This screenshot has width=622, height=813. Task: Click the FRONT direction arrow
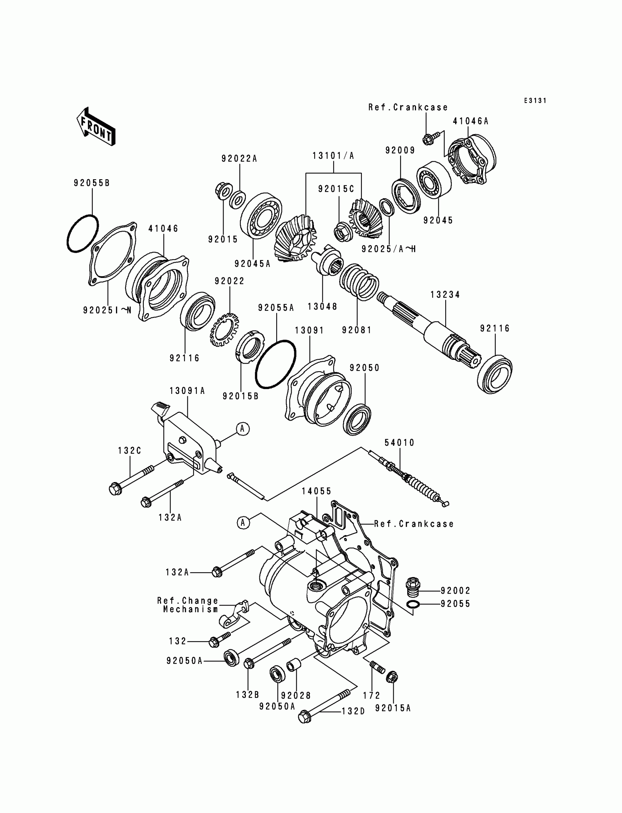pyautogui.click(x=96, y=127)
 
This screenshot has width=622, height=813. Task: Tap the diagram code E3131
pyautogui.click(x=535, y=101)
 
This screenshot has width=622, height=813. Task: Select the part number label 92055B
pyautogui.click(x=92, y=183)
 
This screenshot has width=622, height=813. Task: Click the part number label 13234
pyautogui.click(x=445, y=294)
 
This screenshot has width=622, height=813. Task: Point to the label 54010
pyautogui.click(x=400, y=443)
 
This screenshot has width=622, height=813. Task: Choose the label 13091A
pyautogui.click(x=187, y=391)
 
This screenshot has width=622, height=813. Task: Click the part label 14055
pyautogui.click(x=316, y=491)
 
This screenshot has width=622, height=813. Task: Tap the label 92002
pyautogui.click(x=456, y=591)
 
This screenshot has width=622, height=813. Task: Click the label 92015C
pyautogui.click(x=336, y=189)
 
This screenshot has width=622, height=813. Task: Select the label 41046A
pyautogui.click(x=471, y=121)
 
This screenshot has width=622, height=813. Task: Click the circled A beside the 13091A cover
pyautogui.click(x=243, y=429)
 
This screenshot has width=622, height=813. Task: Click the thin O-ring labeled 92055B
pyautogui.click(x=83, y=234)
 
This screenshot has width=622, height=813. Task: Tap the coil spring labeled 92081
pyautogui.click(x=359, y=282)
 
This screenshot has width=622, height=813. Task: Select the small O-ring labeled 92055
pyautogui.click(x=413, y=604)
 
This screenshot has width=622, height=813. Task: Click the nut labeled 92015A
pyautogui.click(x=392, y=678)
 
